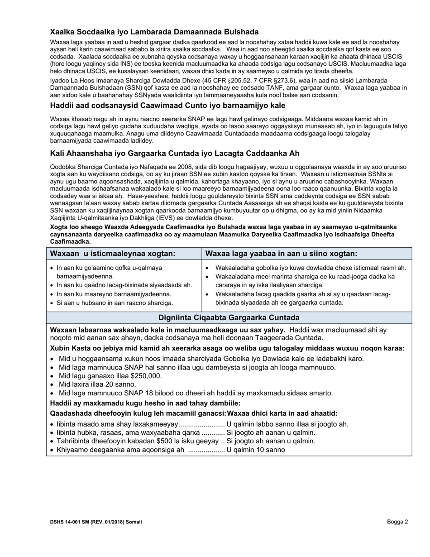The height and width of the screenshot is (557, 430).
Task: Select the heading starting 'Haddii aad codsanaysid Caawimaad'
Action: pos(167,106)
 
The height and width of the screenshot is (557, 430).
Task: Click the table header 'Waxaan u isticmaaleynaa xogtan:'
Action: pos(112,254)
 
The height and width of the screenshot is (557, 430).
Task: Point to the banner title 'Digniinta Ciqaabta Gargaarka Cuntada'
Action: pos(229,317)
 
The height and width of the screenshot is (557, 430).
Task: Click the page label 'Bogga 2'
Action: pos(397,522)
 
